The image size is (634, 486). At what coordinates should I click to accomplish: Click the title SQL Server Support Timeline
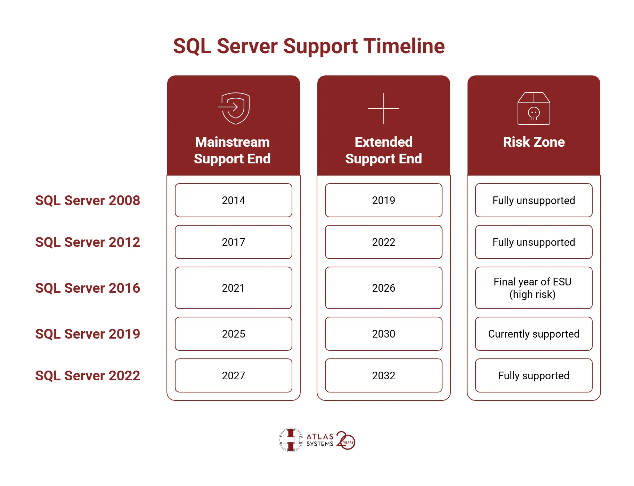coord(309,46)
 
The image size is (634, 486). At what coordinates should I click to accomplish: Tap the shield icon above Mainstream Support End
coord(234,108)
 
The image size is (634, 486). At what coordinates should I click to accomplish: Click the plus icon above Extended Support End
coord(384,108)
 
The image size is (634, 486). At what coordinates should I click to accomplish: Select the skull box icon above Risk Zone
coord(534,108)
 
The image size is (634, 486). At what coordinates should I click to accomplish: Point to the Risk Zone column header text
coord(534,142)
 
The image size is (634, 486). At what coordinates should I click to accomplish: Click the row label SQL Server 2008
coord(88,200)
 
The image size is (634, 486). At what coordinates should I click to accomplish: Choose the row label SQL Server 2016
coord(88,288)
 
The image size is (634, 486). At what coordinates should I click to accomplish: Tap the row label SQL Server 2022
coord(88,375)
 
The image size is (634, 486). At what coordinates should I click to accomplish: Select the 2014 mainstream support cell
coord(234,200)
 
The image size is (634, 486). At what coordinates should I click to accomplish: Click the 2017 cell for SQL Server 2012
coord(234,242)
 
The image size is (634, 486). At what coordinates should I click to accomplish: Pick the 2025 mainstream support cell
coord(234,334)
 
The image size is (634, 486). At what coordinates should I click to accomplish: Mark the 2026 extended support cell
coord(384,288)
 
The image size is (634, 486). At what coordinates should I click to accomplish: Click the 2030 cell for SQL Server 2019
coord(384,334)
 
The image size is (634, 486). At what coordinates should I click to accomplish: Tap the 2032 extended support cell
coord(384,375)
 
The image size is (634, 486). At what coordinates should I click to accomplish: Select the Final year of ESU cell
coord(534,288)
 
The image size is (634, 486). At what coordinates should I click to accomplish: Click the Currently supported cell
coord(534,334)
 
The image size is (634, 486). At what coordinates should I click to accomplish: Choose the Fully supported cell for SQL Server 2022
coord(534,375)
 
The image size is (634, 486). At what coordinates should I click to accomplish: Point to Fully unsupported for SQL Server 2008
coord(534,200)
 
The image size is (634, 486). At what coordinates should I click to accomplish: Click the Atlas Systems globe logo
coord(291,440)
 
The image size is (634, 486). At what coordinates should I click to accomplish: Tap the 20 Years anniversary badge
coord(346,440)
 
